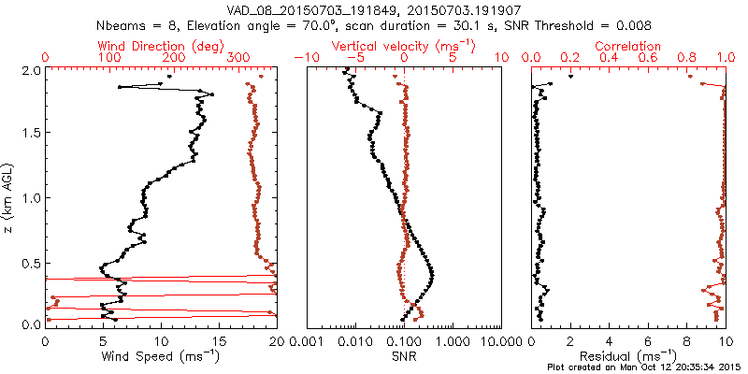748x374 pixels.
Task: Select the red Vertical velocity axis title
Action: click(x=404, y=46)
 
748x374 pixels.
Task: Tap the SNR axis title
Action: click(x=404, y=356)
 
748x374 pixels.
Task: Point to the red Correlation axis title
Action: click(x=628, y=46)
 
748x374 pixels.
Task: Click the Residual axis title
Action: click(x=628, y=356)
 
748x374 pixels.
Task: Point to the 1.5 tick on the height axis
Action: click(x=30, y=134)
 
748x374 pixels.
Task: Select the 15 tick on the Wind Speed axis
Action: click(x=219, y=340)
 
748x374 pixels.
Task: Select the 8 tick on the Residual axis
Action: click(x=686, y=340)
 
